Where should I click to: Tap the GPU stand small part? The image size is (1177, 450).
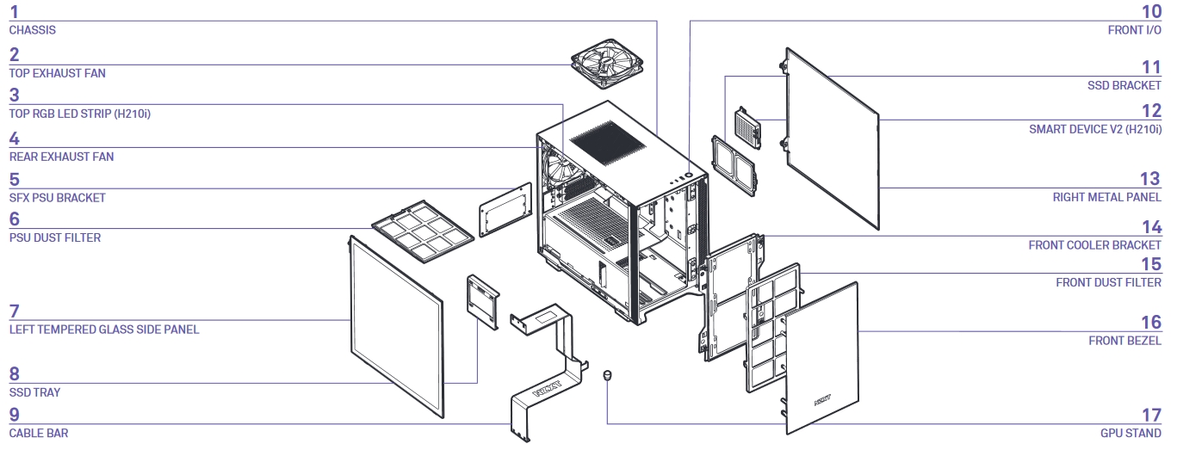click(x=607, y=375)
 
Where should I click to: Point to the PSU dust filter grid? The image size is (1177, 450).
click(x=423, y=229)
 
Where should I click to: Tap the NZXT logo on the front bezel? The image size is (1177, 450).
click(x=822, y=399)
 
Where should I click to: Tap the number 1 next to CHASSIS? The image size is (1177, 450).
click(x=13, y=12)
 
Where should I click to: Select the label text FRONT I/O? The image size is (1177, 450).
click(x=1134, y=30)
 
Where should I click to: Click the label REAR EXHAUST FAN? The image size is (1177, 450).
click(x=61, y=157)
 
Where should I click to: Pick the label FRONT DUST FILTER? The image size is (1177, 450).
click(x=1108, y=282)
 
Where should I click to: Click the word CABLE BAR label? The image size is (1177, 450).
click(x=39, y=433)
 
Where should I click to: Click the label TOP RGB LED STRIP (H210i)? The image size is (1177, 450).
click(x=80, y=114)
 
